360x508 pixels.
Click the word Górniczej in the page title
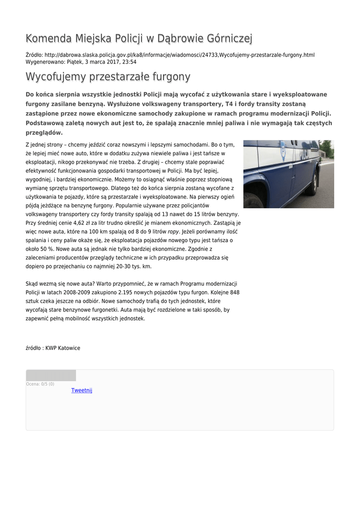(226, 38)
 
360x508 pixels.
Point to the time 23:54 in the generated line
(130, 62)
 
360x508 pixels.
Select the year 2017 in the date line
(106, 62)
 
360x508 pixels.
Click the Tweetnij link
(82, 390)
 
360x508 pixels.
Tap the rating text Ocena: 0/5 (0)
(40, 384)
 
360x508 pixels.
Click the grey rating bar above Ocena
(51, 376)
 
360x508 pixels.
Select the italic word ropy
(173, 232)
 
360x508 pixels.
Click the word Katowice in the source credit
(69, 348)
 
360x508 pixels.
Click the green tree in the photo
(326, 147)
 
